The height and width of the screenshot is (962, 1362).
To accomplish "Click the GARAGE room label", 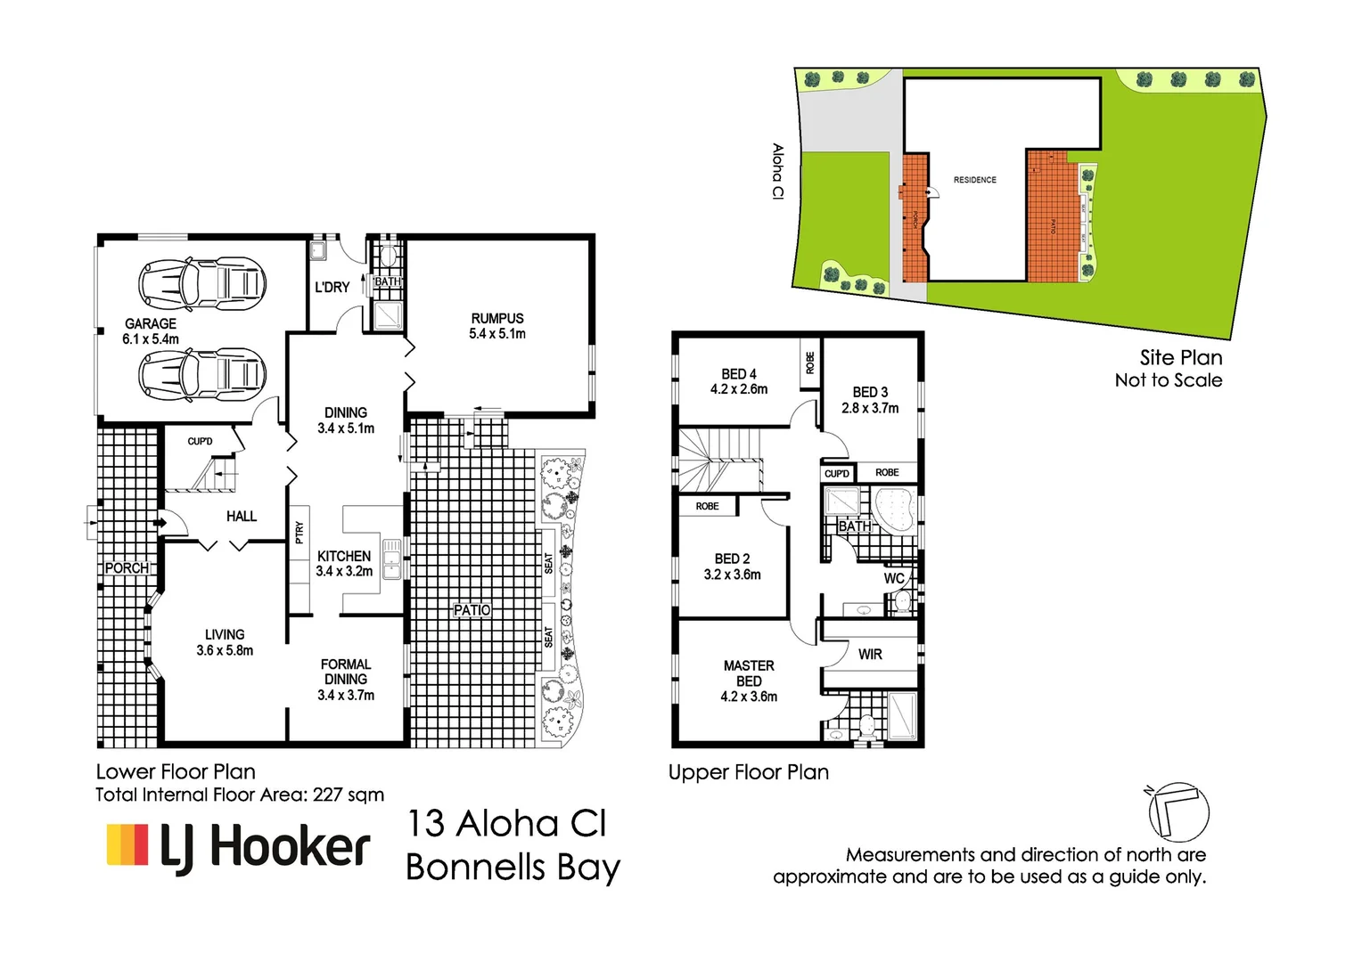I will click(x=151, y=330).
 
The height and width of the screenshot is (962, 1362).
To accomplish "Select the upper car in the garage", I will click(x=202, y=284).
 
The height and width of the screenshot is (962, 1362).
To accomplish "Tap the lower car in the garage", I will click(x=202, y=373).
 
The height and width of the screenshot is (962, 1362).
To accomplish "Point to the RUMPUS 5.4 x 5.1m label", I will click(x=497, y=326).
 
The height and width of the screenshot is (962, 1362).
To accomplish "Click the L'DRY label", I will click(x=332, y=287).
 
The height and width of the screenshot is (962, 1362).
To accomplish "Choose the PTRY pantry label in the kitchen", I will click(x=299, y=533).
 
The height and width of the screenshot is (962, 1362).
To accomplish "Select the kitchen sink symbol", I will click(x=391, y=558).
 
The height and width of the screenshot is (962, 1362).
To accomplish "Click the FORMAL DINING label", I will click(x=346, y=679).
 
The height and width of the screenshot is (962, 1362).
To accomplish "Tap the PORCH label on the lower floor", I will click(x=127, y=568).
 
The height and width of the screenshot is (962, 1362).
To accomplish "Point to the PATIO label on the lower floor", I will click(x=472, y=610).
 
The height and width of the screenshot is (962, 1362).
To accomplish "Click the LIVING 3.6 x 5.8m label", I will click(x=225, y=642).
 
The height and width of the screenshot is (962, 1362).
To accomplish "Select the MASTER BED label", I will click(x=749, y=681).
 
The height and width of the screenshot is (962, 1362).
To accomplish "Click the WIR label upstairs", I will click(x=870, y=655).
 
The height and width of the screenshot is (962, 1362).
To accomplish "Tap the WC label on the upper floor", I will click(x=894, y=579).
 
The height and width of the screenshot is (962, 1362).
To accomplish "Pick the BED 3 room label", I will click(x=870, y=400).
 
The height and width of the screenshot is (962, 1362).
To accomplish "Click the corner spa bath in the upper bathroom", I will click(x=894, y=510).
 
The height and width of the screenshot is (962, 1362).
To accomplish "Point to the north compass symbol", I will click(x=1178, y=811).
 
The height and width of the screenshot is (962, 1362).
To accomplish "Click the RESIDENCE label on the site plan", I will click(x=974, y=180).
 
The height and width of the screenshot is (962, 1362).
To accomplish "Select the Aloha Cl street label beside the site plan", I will click(x=777, y=171).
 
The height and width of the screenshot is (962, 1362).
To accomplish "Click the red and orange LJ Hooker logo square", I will click(x=127, y=844).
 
